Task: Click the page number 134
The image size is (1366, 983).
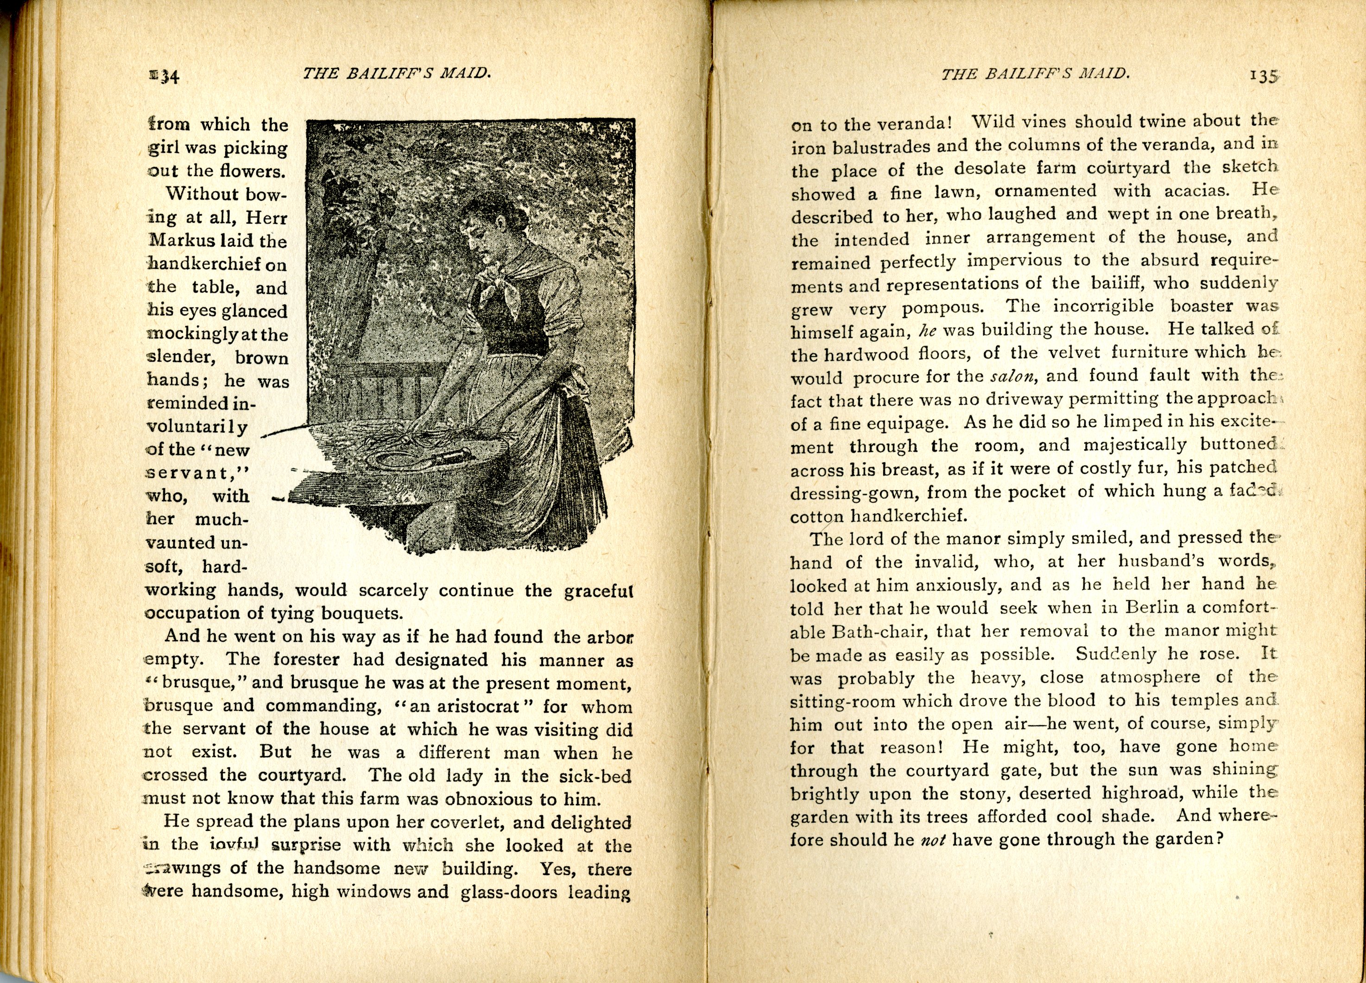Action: click(164, 77)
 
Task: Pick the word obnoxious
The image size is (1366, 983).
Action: click(488, 799)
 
